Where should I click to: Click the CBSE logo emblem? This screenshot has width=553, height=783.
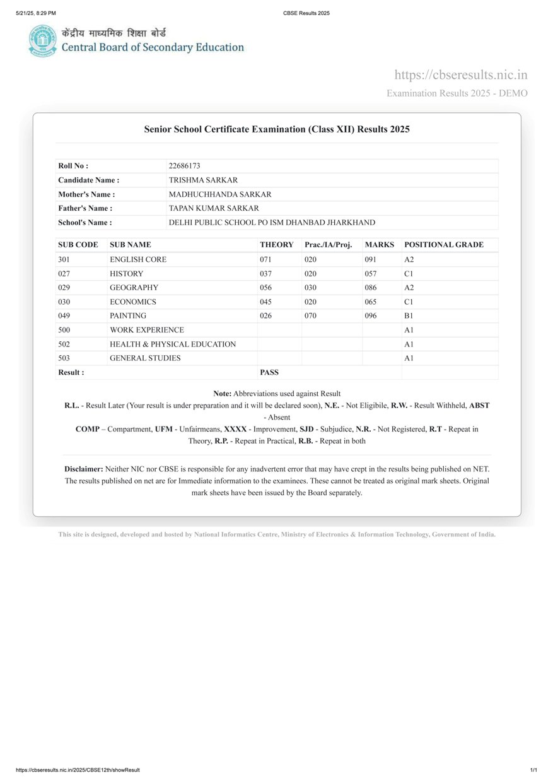[x=42, y=41]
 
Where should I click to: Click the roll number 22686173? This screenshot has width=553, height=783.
[x=184, y=166]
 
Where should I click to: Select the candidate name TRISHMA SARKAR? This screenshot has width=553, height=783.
[x=203, y=180]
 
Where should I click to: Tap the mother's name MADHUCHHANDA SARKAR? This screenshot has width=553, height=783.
[x=220, y=194]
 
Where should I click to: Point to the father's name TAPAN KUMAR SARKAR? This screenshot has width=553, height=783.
[x=214, y=208]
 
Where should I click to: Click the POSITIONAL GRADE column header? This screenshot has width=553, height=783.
[x=444, y=245]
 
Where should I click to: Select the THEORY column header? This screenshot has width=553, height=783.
[x=276, y=245]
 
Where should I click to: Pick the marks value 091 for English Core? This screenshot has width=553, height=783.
[x=370, y=259]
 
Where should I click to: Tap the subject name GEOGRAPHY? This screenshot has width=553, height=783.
[x=134, y=288]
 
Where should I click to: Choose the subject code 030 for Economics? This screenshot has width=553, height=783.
[x=64, y=302]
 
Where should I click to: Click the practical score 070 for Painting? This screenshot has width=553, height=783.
[x=310, y=315]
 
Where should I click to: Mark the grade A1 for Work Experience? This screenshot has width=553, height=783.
[x=409, y=330]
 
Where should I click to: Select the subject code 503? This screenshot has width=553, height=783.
[x=64, y=358]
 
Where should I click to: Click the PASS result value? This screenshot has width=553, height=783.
[x=269, y=372]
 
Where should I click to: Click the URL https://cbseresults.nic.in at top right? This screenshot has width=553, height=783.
[x=461, y=75]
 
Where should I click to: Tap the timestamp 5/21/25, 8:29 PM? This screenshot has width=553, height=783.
[x=36, y=13]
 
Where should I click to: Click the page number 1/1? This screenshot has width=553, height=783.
[x=533, y=770]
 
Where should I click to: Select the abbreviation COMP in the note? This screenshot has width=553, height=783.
[x=87, y=429]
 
